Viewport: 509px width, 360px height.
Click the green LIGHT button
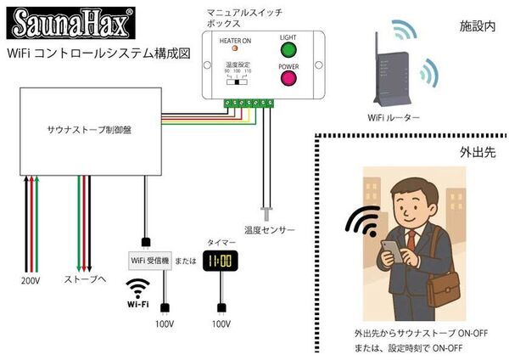pyautogui.click(x=288, y=48)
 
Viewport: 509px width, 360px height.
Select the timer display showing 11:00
pyautogui.click(x=220, y=260)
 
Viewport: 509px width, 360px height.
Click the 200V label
pyautogui.click(x=31, y=279)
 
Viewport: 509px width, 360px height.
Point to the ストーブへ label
pyautogui.click(x=85, y=279)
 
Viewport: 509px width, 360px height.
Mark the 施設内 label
pyautogui.click(x=477, y=27)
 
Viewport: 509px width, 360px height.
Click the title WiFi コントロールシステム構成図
pyautogui.click(x=98, y=53)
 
